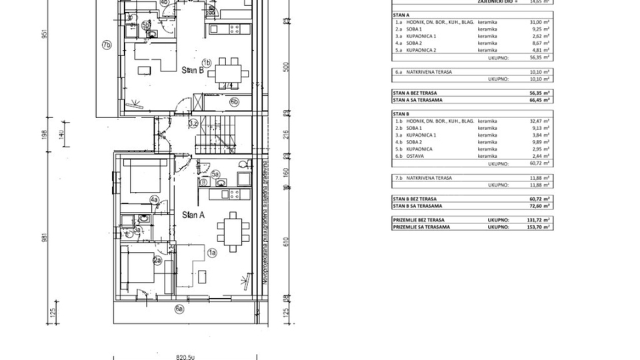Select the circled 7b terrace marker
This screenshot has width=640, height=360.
105,45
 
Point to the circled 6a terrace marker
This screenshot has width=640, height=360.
179,308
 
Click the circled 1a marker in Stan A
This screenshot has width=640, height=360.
213,253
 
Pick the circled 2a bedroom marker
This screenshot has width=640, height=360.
158,261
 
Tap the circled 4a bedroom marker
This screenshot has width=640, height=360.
154,199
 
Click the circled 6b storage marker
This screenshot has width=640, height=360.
234,102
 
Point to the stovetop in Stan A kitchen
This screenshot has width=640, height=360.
234,194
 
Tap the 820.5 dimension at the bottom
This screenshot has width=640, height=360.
185,356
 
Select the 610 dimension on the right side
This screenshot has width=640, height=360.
286,242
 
